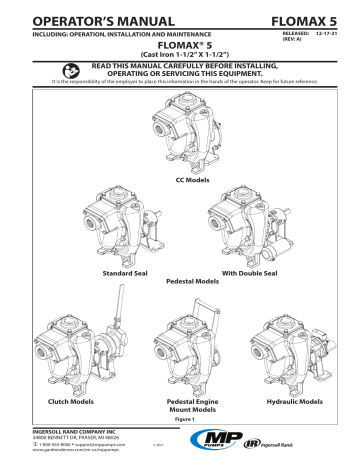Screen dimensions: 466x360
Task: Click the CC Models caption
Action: [x=180, y=176]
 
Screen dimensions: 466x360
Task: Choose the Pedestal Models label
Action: [x=180, y=282]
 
